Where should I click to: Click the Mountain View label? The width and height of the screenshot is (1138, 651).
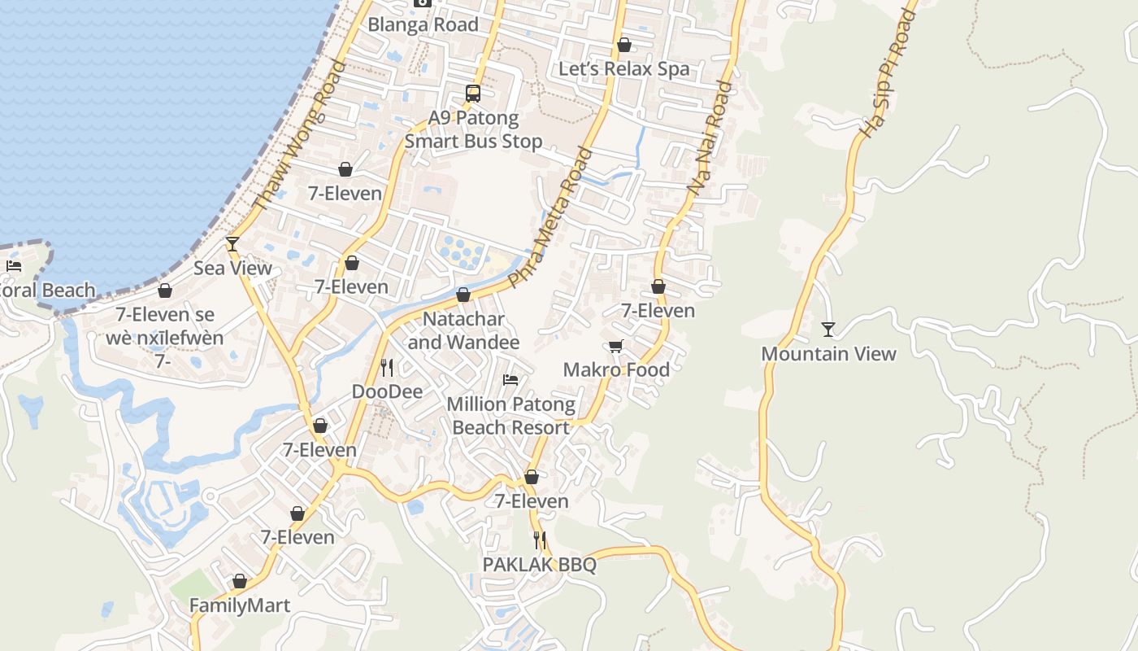tap(828, 354)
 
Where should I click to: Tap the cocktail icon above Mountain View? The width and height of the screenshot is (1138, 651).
tap(827, 330)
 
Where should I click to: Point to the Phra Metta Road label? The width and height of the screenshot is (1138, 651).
tap(551, 216)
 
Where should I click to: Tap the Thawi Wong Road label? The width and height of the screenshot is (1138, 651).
tap(299, 137)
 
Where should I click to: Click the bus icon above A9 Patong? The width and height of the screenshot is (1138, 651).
tap(473, 94)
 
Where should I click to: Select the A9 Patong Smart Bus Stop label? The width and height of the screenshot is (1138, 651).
tap(473, 129)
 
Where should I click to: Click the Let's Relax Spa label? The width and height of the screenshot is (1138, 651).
tap(623, 69)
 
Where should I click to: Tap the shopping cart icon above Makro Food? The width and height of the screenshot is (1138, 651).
tap(616, 347)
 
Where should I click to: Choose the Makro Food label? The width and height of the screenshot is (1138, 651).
tap(616, 370)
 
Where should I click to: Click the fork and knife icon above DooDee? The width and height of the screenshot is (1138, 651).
tap(387, 368)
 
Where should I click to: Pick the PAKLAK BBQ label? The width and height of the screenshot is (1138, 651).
tap(539, 565)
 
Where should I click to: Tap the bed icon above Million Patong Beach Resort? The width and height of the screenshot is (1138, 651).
tap(510, 380)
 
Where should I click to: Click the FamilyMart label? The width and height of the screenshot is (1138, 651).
tap(240, 605)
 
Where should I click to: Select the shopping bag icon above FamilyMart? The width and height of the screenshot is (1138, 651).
tap(240, 582)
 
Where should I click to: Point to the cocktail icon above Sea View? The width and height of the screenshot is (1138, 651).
tap(232, 243)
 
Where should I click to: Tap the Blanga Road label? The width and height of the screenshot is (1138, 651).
tap(423, 24)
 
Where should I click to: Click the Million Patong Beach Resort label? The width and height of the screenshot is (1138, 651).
tap(511, 416)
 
